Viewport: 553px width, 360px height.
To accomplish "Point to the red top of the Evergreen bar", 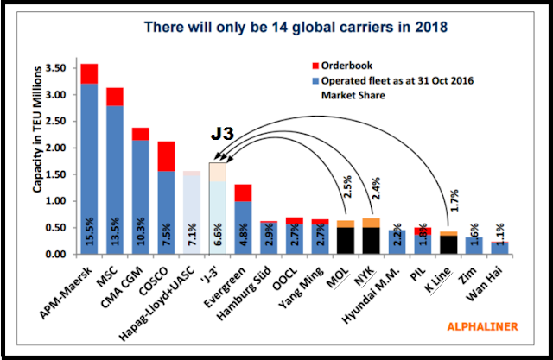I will click(244, 193).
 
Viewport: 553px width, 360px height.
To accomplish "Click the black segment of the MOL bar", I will click(346, 241).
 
